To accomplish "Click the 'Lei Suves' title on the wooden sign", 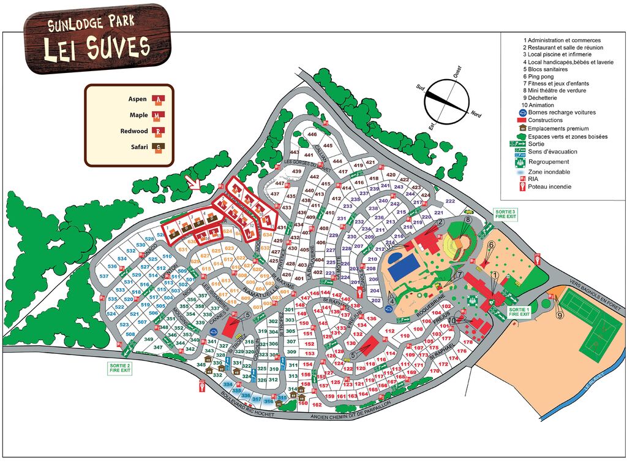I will [97, 48].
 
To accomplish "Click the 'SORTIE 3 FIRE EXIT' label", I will [505, 213].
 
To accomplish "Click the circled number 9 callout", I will [559, 315].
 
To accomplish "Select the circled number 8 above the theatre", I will [467, 220].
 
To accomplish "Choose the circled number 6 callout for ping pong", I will [490, 243].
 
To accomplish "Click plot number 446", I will [312, 134].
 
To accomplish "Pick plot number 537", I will [103, 276].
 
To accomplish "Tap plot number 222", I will [450, 201].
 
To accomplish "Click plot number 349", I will [148, 339].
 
